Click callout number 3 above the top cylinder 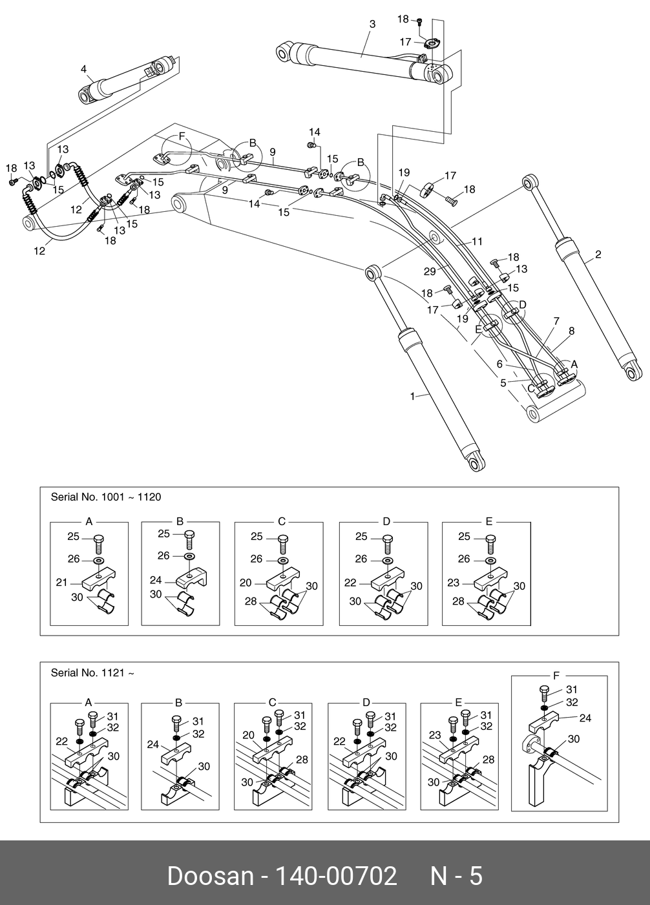tap(372, 25)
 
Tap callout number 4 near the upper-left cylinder tap(83, 69)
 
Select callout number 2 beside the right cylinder tap(598, 255)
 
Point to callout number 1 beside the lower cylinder tap(413, 396)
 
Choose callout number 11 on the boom tap(477, 242)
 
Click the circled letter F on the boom tap(182, 136)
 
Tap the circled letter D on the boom tap(523, 304)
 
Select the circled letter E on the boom tap(478, 328)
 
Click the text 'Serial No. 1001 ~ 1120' tap(106, 497)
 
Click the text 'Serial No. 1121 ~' tap(92, 672)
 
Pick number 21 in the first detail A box tap(61, 583)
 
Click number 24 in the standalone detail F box tap(585, 718)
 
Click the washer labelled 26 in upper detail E tap(490, 560)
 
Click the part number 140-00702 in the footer tap(336, 876)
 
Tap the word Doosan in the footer tap(210, 876)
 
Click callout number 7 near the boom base tap(556, 321)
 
